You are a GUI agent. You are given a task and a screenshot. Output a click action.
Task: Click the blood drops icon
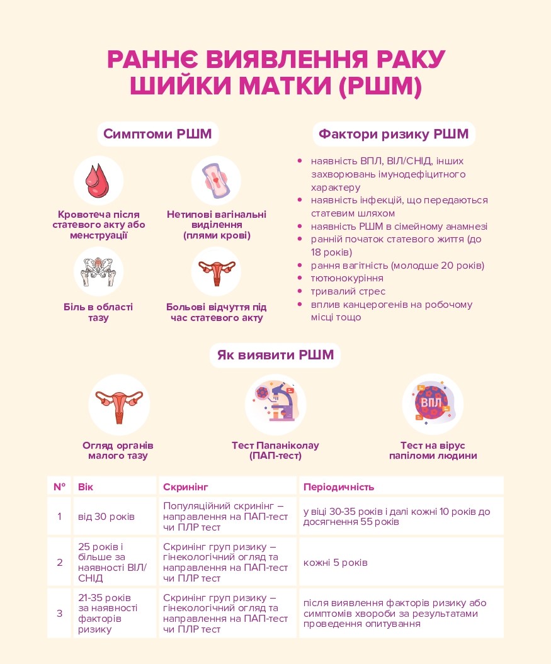tap(98, 180)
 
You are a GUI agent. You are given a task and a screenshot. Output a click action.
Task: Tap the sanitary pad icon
tap(216, 180)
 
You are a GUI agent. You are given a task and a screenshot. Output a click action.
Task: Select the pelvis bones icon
tap(98, 271)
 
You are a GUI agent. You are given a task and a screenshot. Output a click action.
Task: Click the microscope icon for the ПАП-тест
tap(275, 403)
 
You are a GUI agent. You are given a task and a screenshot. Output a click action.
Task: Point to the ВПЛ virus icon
tap(433, 403)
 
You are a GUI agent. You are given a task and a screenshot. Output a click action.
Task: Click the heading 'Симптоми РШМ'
tap(157, 134)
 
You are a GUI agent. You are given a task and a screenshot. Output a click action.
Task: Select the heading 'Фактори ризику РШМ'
tap(394, 134)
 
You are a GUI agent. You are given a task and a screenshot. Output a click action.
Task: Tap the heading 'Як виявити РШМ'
tap(275, 355)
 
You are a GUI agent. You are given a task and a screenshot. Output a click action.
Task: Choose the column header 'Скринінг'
tap(186, 487)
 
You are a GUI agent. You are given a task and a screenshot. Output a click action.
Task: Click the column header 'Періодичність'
tap(339, 487)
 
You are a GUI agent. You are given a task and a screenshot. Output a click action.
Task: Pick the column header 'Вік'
tap(85, 487)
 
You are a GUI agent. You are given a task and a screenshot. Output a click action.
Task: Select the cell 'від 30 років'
tap(106, 517)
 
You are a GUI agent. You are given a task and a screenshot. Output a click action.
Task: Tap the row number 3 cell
tap(60, 613)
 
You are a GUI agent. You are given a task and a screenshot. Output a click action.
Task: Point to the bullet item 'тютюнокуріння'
tap(347, 278)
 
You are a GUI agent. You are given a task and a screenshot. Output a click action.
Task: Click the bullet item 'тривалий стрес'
tap(348, 291)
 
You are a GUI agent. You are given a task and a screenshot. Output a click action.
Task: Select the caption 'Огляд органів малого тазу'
tap(118, 450)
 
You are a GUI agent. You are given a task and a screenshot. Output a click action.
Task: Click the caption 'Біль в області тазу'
tap(98, 312)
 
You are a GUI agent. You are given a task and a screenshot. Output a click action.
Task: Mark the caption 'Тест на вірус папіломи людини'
tap(433, 450)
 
